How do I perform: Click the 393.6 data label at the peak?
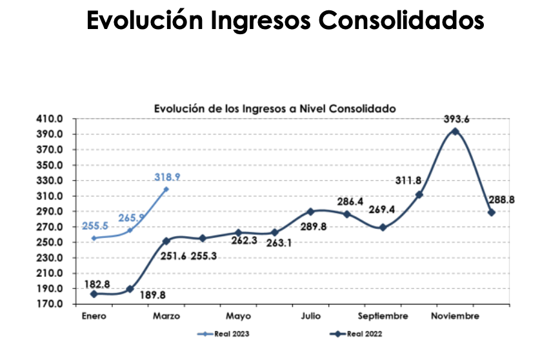[x=456, y=119]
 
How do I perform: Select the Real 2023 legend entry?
[x=223, y=334]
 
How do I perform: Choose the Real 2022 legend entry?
[x=354, y=334]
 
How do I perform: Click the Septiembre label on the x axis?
[x=383, y=316]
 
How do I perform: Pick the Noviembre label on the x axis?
[x=456, y=316]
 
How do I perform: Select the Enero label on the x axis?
[x=94, y=316]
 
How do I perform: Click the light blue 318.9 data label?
[x=167, y=177]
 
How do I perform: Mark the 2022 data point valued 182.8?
[x=94, y=294]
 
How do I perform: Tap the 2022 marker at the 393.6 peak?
[x=456, y=132]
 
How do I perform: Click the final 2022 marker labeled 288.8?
[x=492, y=212]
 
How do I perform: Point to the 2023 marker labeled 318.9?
[x=166, y=189]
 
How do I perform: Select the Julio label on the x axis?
[x=311, y=316]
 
